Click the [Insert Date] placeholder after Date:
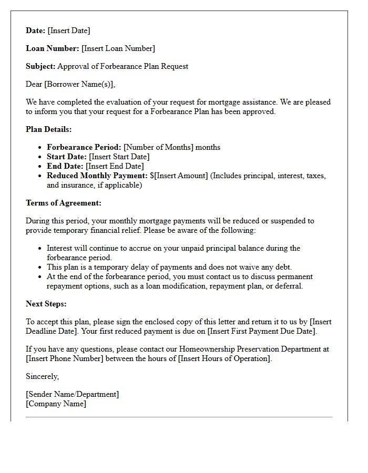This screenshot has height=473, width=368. coord(69,30)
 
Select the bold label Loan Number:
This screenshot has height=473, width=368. coord(53,48)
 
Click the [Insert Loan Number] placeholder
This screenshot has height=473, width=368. coord(118,48)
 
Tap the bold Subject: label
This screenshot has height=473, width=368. coord(40,66)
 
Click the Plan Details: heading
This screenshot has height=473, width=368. coord(49,129)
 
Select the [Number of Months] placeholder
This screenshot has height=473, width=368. coord(158,147)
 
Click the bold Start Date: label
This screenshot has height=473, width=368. coord(67,157)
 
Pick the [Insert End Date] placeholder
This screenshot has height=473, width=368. coord(115,166)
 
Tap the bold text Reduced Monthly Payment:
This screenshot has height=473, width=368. coord(97,176)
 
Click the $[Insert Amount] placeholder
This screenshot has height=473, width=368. coord(179,176)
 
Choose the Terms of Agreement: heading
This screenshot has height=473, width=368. coord(64,203)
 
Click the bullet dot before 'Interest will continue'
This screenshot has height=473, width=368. coord(40,248)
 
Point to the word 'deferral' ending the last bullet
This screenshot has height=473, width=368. coord(289,286)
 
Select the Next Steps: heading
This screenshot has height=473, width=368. coord(46,304)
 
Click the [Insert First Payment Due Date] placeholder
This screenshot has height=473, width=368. coord(261,331)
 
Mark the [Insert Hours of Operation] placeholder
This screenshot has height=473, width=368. coord(224,358)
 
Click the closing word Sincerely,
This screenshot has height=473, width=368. coord(43,376)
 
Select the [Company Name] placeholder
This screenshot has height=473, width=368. coord(56,404)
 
